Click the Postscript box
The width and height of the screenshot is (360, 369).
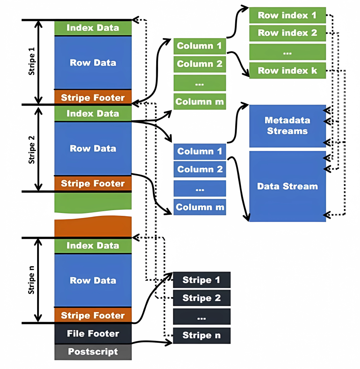93,351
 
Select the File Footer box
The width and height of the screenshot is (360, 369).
93,333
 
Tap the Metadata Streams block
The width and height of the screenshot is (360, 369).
287,126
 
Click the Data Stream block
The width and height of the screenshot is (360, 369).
287,186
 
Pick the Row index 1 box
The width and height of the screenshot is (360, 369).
287,15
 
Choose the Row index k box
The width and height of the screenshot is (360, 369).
287,71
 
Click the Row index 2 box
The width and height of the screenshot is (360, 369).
287,33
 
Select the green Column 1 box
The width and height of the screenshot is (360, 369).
200,46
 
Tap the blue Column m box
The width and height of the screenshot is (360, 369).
200,207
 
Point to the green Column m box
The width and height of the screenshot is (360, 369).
200,102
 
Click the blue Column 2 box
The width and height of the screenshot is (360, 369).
200,169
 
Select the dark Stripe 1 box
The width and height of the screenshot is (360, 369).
202,280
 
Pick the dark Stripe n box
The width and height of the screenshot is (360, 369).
202,335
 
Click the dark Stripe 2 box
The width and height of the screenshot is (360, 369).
202,298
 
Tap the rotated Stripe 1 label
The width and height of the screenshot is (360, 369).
32,62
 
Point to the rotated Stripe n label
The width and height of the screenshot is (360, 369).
32,280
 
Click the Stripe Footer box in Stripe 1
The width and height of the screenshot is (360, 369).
93,98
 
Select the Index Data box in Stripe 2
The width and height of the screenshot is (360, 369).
93,114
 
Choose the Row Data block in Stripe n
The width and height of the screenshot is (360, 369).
93,280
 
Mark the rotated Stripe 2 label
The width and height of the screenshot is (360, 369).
32,148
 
